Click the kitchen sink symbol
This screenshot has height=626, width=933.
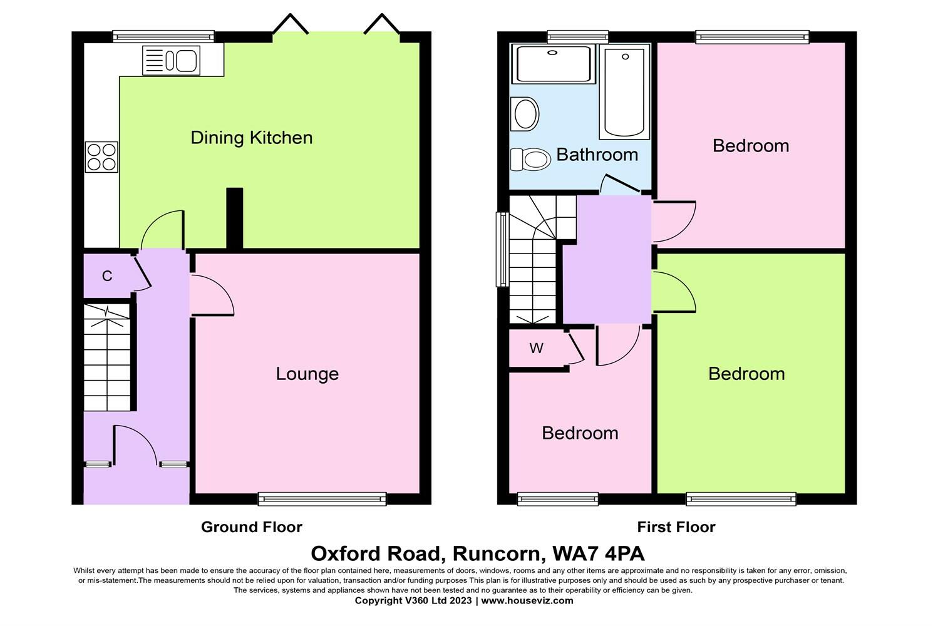point(171,60)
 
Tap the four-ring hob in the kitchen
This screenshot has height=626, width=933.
point(101,157)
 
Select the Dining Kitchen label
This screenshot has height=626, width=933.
point(252,138)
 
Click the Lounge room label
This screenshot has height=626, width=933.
point(307,374)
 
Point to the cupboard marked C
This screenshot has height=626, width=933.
point(107,275)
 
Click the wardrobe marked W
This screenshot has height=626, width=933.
point(537,348)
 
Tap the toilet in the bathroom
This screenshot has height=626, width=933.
point(530,159)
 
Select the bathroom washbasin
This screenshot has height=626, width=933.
point(525,114)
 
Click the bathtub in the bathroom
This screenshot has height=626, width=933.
point(624,92)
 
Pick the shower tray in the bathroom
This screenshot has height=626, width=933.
point(554,64)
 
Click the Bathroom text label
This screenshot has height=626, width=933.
point(597,155)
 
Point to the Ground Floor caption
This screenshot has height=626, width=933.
point(252,527)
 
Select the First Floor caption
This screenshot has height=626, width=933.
point(676,527)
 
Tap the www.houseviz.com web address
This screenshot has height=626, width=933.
point(527,600)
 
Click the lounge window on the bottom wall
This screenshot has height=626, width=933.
point(322,498)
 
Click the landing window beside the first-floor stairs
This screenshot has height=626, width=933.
point(502,250)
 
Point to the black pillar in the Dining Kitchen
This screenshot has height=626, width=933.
point(234,218)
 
